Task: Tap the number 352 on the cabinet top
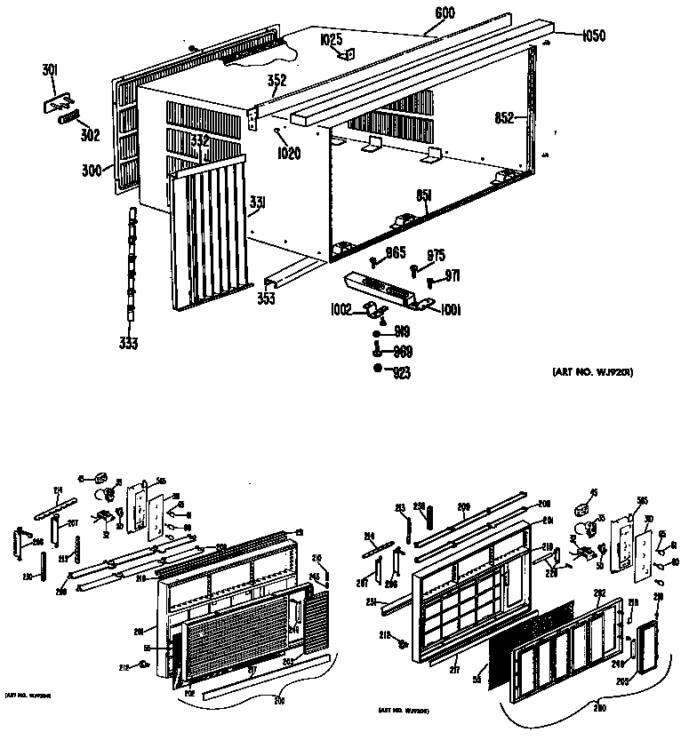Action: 276,80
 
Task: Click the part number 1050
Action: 594,36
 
